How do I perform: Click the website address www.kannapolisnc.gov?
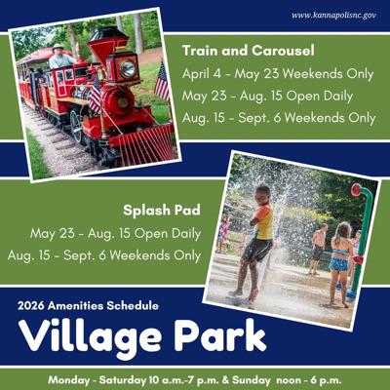pos(333,16)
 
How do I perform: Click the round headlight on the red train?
pos(126,68)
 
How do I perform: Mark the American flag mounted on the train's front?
pos(161,83)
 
